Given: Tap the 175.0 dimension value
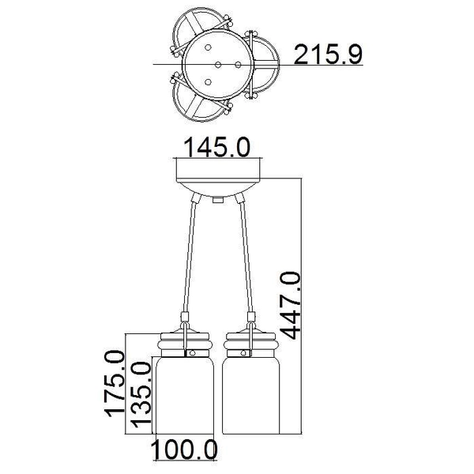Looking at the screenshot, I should tap(116, 385).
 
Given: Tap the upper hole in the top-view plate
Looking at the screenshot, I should tap(217, 46).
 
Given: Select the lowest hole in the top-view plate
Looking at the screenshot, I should tap(208, 81).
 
